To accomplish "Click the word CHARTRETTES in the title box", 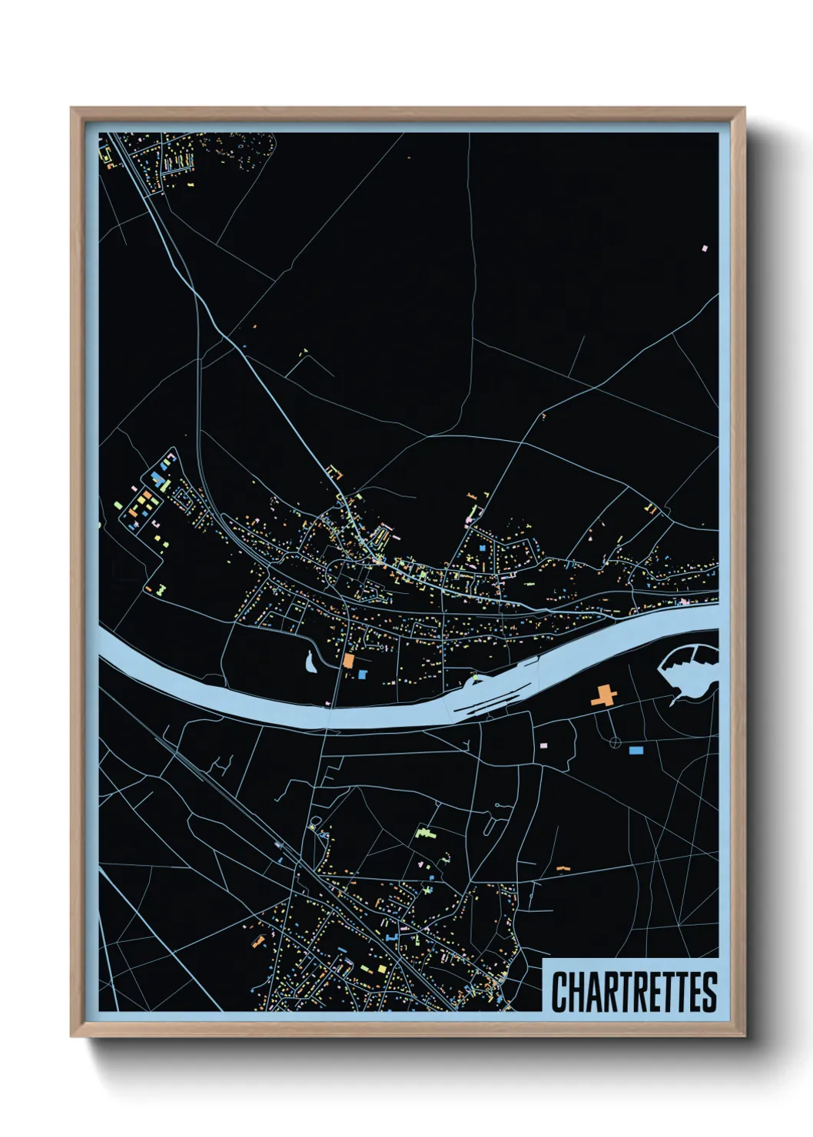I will click(x=634, y=992).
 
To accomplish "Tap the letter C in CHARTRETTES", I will click(x=559, y=992).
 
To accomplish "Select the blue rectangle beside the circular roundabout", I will click(x=635, y=750).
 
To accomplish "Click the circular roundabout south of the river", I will click(x=615, y=742).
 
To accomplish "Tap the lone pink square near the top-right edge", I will click(x=704, y=248).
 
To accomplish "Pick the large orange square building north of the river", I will click(x=348, y=660).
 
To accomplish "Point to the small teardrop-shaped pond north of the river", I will click(x=310, y=661).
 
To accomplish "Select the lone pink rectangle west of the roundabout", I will click(x=543, y=745).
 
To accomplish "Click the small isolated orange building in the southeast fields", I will click(x=563, y=869).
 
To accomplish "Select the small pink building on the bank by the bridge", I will click(x=328, y=703).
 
